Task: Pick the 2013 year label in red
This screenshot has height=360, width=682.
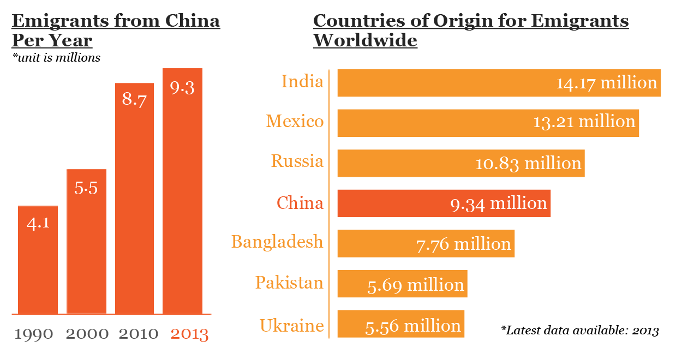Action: coord(189,334)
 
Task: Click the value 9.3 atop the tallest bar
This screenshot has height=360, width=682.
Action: coord(182,88)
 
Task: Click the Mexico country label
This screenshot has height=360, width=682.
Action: coord(295,121)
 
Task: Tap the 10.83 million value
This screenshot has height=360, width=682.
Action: coord(528,163)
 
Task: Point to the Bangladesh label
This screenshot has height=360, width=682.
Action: coord(277,242)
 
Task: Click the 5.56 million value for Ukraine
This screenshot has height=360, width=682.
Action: coord(413,326)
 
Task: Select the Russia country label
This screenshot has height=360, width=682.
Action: coord(297,161)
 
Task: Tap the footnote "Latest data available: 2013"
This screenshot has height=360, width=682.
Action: coord(580,331)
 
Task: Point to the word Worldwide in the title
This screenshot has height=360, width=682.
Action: coord(365,40)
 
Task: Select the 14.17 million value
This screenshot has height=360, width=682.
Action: coord(607,83)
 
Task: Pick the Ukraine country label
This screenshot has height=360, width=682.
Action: coord(292,326)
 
